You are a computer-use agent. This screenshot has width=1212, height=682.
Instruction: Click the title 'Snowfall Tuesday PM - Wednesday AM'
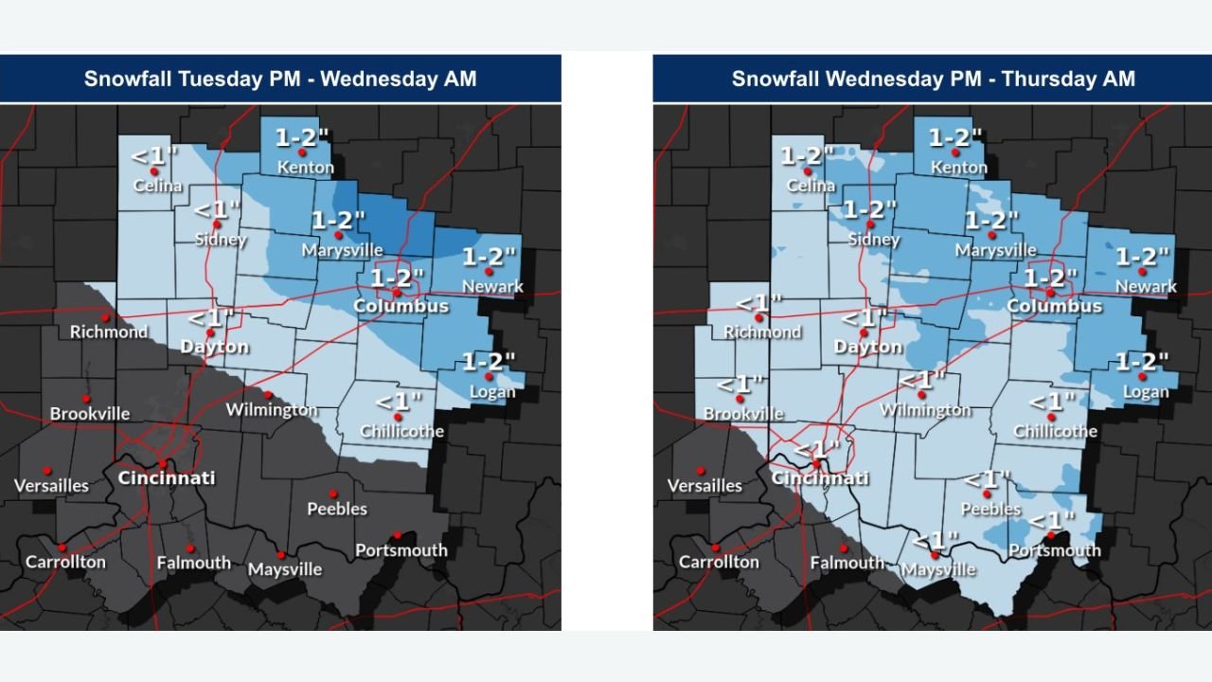280,79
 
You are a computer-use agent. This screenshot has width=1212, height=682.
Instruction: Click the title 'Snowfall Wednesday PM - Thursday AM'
933,79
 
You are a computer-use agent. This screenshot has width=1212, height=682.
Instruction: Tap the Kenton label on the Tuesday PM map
305,168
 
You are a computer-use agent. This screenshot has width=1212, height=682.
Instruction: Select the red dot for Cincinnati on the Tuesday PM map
163,463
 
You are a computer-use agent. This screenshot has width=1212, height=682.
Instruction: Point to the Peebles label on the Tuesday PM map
337,510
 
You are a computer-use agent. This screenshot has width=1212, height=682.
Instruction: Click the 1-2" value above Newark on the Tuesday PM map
490,257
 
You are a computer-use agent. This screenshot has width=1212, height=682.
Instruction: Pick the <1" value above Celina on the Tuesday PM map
152,156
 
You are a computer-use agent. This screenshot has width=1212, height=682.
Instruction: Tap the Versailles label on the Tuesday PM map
51,486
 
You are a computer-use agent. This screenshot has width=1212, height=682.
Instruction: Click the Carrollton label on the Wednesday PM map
719,562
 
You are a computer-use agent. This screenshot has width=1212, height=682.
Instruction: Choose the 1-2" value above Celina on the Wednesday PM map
808,156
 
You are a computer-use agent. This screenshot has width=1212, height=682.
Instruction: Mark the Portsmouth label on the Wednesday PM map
1055,550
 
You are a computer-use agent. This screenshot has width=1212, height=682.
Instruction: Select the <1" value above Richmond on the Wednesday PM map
759,304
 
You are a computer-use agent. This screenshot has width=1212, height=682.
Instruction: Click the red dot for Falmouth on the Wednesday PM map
844,547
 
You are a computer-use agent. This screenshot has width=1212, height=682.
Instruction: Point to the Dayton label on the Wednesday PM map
867,348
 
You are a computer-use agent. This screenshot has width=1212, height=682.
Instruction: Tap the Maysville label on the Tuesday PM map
284,570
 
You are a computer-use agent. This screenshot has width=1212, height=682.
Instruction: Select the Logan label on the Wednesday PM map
1146,392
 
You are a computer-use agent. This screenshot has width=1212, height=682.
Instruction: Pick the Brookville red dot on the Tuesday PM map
85,399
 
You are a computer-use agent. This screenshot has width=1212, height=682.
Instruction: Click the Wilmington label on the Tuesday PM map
272,410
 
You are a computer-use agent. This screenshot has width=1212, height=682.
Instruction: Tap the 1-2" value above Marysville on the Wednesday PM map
991,221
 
